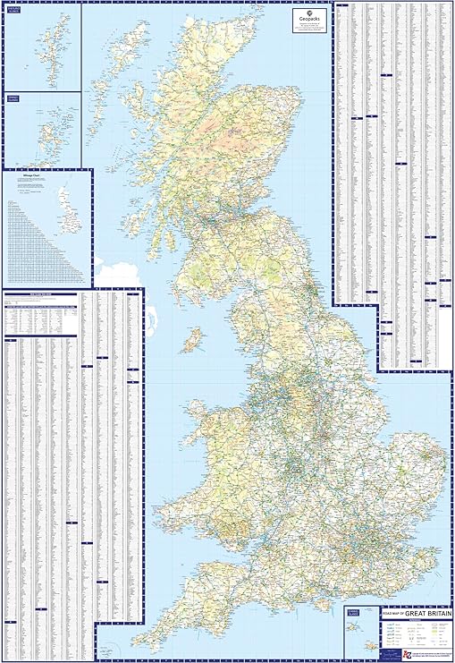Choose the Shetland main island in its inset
[53, 49]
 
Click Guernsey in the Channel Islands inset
[351, 627]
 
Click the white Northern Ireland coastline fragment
[111, 268]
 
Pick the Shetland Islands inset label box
[14, 10]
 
